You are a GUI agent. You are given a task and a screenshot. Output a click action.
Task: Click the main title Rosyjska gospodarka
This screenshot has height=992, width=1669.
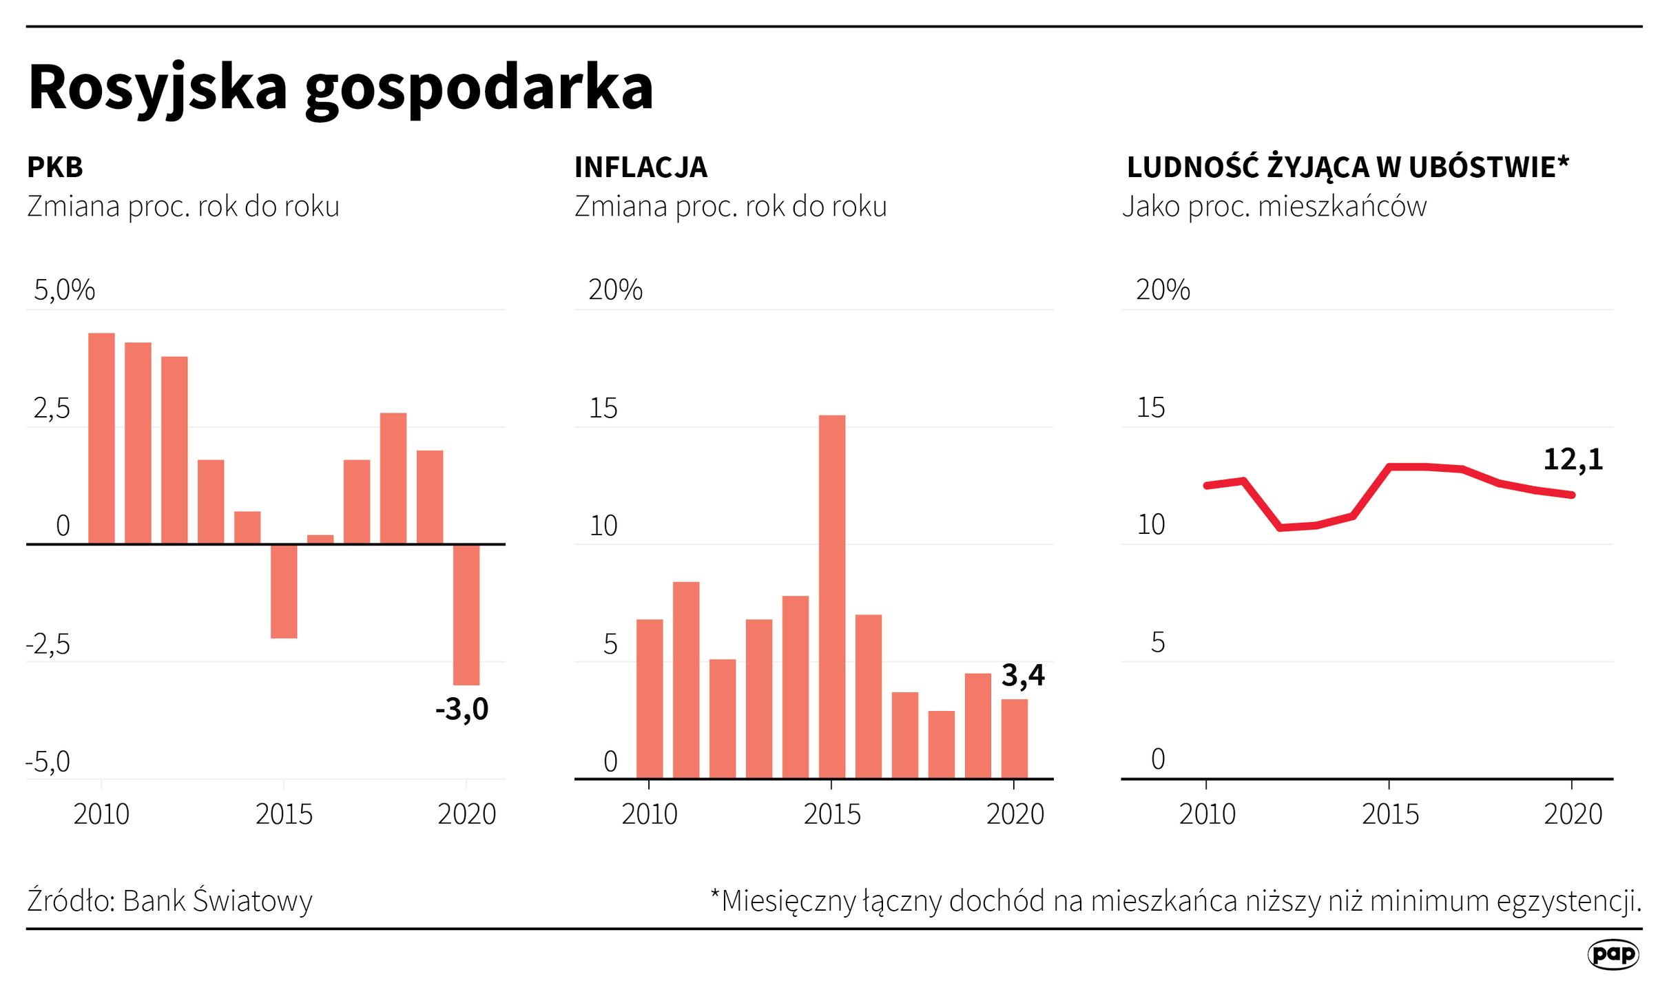pyautogui.click(x=340, y=88)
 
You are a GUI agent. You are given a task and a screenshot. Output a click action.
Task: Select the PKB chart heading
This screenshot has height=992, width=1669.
pyautogui.click(x=55, y=167)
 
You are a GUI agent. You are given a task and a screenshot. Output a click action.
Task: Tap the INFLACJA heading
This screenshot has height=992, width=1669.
pyautogui.click(x=640, y=167)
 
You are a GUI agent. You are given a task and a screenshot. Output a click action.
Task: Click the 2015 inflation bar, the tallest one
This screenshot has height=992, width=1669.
pyautogui.click(x=831, y=596)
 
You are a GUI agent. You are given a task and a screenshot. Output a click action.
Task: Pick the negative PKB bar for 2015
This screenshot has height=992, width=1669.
pyautogui.click(x=284, y=591)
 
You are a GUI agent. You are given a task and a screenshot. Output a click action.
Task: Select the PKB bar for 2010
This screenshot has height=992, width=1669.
pyautogui.click(x=101, y=438)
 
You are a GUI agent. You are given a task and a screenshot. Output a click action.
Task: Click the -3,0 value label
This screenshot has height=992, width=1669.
pyautogui.click(x=462, y=709)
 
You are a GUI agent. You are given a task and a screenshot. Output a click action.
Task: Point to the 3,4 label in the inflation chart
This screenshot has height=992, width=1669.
pyautogui.click(x=1022, y=675)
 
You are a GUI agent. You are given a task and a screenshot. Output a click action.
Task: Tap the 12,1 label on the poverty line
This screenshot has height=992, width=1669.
pyautogui.click(x=1573, y=459)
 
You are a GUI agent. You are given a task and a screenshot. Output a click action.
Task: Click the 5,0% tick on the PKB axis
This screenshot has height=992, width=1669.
pyautogui.click(x=64, y=290)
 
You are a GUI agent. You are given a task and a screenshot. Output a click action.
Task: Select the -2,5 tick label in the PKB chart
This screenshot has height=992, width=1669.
pyautogui.click(x=48, y=644)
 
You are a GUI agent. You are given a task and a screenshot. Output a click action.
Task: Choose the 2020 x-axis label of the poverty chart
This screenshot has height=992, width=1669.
pyautogui.click(x=1573, y=814)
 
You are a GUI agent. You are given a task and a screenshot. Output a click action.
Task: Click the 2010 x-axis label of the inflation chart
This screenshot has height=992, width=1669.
pyautogui.click(x=649, y=814)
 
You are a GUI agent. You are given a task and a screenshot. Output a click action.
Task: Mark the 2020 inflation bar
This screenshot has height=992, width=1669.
pyautogui.click(x=1014, y=738)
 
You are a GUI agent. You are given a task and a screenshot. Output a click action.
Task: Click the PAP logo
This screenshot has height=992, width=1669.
pyautogui.click(x=1613, y=954)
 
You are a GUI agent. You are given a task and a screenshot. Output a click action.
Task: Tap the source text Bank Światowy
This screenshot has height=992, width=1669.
pyautogui.click(x=217, y=901)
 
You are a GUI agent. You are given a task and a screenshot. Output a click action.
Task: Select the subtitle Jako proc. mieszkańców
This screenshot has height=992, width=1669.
pyautogui.click(x=1274, y=207)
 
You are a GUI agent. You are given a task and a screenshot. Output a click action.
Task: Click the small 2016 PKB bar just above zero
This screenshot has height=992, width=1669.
pyautogui.click(x=320, y=539)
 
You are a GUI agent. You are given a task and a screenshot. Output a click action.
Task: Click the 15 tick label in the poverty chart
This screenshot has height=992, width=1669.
pyautogui.click(x=1150, y=408)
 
